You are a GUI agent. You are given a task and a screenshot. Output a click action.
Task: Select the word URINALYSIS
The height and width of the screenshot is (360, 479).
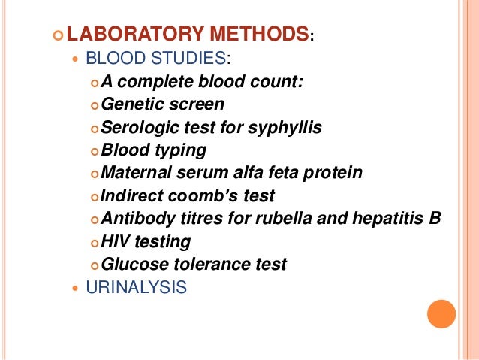(x=136, y=287)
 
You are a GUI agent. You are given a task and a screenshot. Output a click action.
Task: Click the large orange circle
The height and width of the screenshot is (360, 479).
(x=441, y=314)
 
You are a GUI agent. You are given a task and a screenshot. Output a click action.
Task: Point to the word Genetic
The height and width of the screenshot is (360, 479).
(x=130, y=104)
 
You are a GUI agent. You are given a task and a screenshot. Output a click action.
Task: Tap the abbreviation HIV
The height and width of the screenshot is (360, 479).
(x=116, y=242)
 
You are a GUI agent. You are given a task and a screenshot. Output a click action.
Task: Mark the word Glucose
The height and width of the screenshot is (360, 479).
(x=131, y=265)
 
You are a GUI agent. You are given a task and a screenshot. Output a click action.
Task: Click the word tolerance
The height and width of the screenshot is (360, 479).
(x=208, y=265)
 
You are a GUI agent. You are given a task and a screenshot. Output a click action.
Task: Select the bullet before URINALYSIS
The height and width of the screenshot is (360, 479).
(x=72, y=288)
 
